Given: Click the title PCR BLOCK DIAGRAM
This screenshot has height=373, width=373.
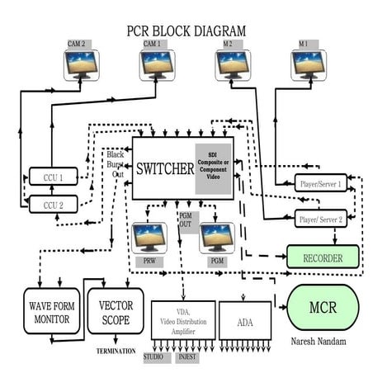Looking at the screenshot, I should (186, 31).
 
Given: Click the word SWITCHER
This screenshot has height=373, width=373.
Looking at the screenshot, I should (163, 168).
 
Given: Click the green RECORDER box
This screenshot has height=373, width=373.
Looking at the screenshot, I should (323, 258).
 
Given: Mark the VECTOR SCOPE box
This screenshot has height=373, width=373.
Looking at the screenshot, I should (115, 312).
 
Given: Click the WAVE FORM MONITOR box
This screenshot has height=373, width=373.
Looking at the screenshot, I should (46, 312).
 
